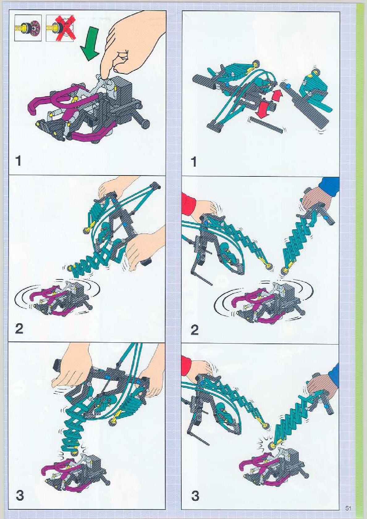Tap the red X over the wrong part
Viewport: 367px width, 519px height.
64,27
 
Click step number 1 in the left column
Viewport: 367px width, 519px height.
18,161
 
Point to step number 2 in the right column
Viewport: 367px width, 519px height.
195,330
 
